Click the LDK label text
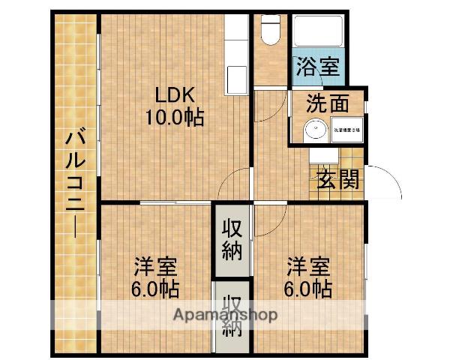pos(175,95)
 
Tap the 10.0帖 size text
pos(175,117)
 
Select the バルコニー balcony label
pos(74,184)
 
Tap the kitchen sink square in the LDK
pos(236,76)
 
